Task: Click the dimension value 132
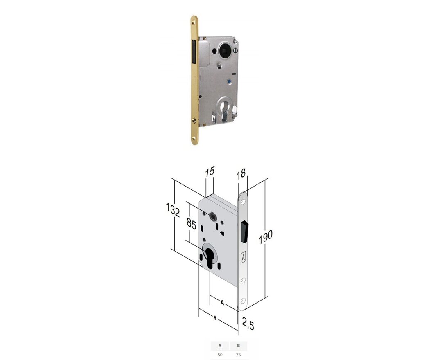[x=173, y=210]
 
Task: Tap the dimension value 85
[x=192, y=225]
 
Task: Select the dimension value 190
[x=266, y=236]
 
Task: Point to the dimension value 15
[x=210, y=171]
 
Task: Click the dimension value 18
[x=241, y=173]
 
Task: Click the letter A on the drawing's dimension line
[x=222, y=303]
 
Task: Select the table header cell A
[x=220, y=346]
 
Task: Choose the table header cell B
[x=239, y=346]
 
